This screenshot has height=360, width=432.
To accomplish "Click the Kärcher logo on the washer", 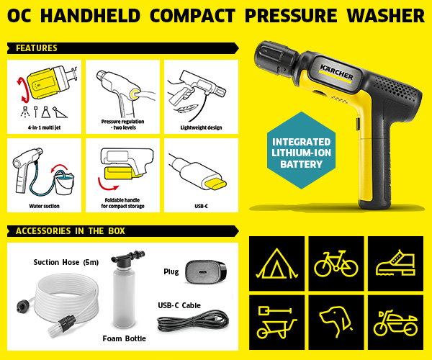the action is point(336,72).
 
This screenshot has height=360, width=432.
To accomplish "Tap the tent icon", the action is point(276,264).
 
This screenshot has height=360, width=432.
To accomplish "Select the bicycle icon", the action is point(336,264).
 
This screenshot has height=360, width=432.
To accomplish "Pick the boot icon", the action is point(395,263).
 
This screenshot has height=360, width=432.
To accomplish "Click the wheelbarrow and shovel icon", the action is point(276,323).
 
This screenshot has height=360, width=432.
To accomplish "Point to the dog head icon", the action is point(336,322).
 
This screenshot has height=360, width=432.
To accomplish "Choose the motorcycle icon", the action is point(395,323).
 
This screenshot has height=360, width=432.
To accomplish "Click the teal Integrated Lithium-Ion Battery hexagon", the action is point(301,150).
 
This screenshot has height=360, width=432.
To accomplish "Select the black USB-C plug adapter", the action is point(206,272).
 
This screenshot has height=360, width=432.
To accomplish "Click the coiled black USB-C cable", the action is point(193,320).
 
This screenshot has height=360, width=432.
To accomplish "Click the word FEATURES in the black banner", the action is point(37,48).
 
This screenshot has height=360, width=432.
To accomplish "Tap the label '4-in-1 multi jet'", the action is point(44,127).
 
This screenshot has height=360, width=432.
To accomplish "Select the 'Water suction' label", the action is point(44,206).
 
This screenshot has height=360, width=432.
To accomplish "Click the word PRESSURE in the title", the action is point(291,15).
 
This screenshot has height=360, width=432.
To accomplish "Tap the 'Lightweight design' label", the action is point(201,127).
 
